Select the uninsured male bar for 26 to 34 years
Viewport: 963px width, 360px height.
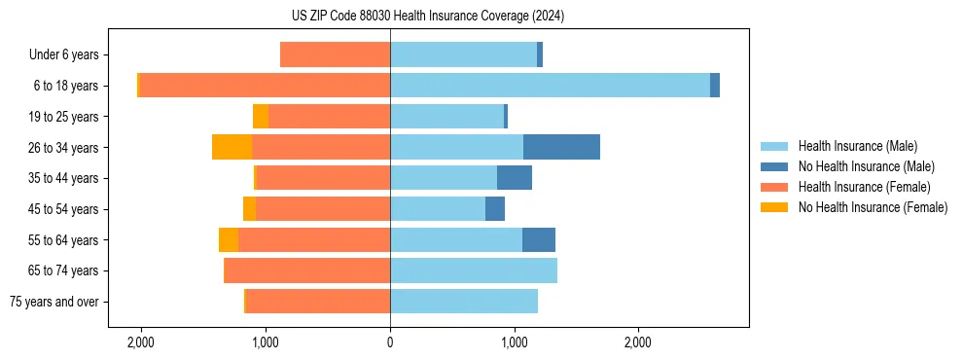pos(561,147)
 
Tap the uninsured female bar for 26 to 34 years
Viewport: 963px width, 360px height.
pos(232,147)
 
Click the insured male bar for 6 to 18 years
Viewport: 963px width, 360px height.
pos(550,86)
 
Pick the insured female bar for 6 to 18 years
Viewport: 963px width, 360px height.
pos(265,86)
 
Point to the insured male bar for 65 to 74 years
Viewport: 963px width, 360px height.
pos(474,270)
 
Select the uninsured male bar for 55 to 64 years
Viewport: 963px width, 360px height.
pos(539,239)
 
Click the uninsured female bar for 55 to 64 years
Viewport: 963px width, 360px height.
pos(229,239)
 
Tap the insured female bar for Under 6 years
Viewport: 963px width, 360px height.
pos(335,54)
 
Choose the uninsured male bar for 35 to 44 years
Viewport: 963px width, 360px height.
pos(515,178)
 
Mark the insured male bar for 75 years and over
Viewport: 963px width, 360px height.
pos(464,302)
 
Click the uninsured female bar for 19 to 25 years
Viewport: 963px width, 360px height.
pos(261,116)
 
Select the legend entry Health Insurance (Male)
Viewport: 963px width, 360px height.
pos(856,146)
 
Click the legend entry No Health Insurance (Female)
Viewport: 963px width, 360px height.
pos(873,207)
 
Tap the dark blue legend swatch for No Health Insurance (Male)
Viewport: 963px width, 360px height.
pos(775,166)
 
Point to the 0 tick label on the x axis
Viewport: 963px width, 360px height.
pos(390,342)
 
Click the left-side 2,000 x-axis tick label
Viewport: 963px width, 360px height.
pos(141,342)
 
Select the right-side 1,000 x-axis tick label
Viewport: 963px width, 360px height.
pos(514,342)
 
